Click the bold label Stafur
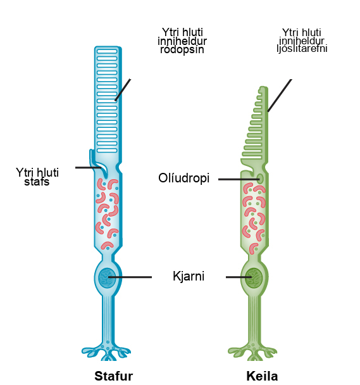(x=114, y=376)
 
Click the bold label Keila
(x=262, y=376)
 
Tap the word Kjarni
(x=189, y=276)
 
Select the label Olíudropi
(x=184, y=178)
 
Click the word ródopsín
(x=182, y=50)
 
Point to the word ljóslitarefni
(x=302, y=49)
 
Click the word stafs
(x=37, y=182)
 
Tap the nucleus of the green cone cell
(x=254, y=278)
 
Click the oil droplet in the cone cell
(x=261, y=179)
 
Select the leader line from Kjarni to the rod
(x=130, y=277)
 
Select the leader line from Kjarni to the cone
(x=239, y=277)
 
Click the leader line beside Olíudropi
(x=239, y=179)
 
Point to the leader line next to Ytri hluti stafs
(x=89, y=167)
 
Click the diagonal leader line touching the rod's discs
(x=123, y=90)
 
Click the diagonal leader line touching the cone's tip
(x=280, y=96)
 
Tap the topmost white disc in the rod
(x=107, y=51)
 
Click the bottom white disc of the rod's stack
(x=107, y=151)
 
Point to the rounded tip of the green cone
(x=264, y=89)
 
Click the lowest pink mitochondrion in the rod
(x=108, y=245)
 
